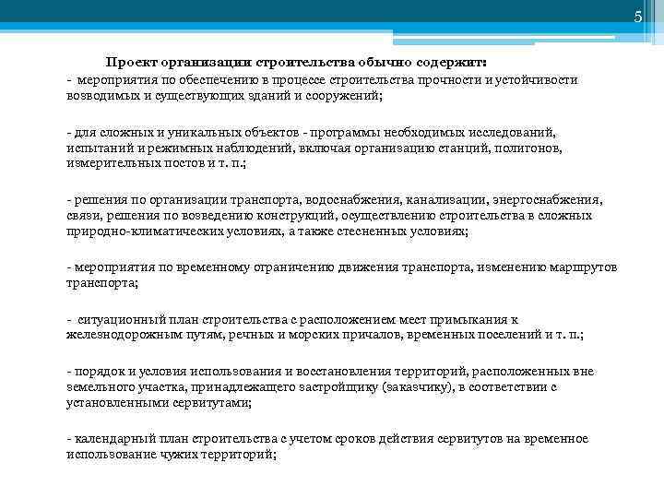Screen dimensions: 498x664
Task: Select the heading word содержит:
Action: coord(459,62)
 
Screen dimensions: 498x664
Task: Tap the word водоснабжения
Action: coord(354,199)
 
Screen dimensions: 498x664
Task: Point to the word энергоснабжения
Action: coord(549,199)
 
